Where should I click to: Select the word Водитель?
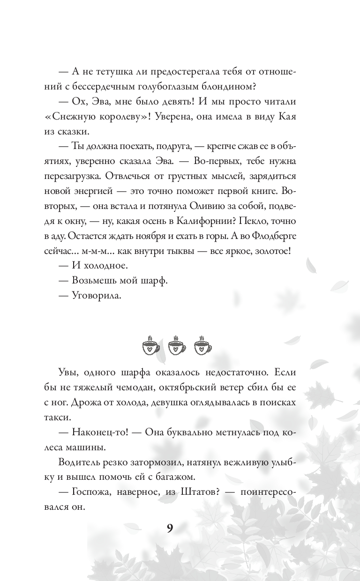pos(80,462)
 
